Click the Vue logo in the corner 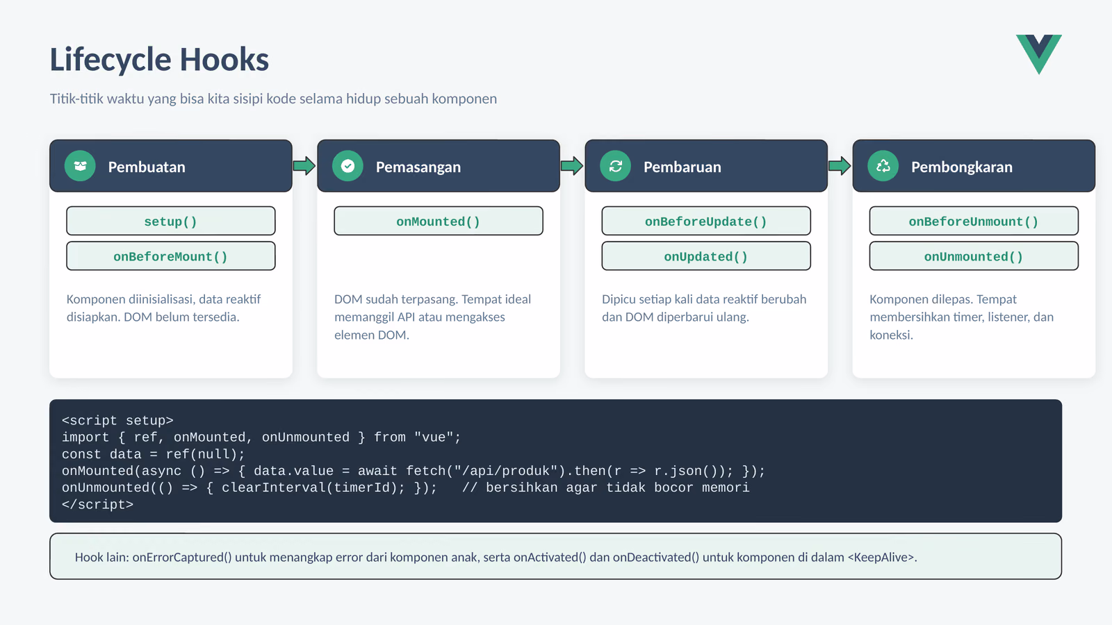[1038, 53]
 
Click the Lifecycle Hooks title [159, 60]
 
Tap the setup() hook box [171, 222]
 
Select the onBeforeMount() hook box [171, 256]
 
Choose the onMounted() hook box [439, 222]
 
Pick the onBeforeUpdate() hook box [706, 222]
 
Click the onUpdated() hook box [706, 256]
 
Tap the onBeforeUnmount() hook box [974, 222]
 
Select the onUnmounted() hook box [974, 256]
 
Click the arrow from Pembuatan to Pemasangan [304, 166]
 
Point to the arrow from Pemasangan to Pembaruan [572, 166]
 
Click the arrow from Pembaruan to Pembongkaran [840, 166]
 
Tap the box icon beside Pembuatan [80, 166]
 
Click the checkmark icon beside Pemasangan [347, 166]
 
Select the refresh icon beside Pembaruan [615, 166]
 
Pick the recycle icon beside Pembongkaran [883, 166]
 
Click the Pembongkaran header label [962, 167]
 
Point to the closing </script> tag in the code [98, 504]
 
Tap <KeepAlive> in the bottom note [881, 557]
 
